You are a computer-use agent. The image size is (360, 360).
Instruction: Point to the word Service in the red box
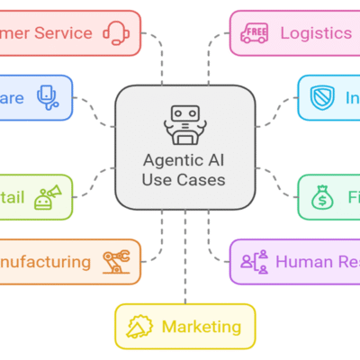(64, 33)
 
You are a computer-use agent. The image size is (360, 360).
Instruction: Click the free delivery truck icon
(256, 33)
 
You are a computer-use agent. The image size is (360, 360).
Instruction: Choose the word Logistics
(315, 33)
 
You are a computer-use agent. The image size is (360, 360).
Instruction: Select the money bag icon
(322, 197)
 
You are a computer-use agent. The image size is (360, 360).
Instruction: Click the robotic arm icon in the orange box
(115, 262)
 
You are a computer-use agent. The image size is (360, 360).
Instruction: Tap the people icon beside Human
(256, 262)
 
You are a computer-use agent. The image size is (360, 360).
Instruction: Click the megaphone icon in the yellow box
(140, 327)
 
